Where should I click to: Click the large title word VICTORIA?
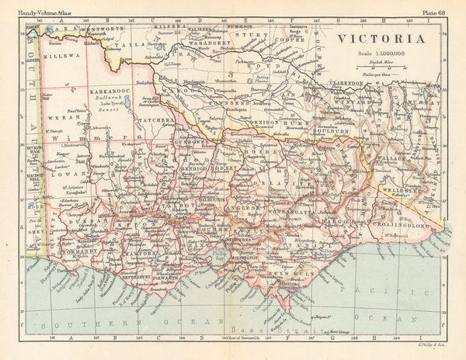click(381, 39)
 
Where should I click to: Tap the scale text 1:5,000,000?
click(381, 53)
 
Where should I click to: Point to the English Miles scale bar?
click(381, 64)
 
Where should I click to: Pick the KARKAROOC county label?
click(107, 92)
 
